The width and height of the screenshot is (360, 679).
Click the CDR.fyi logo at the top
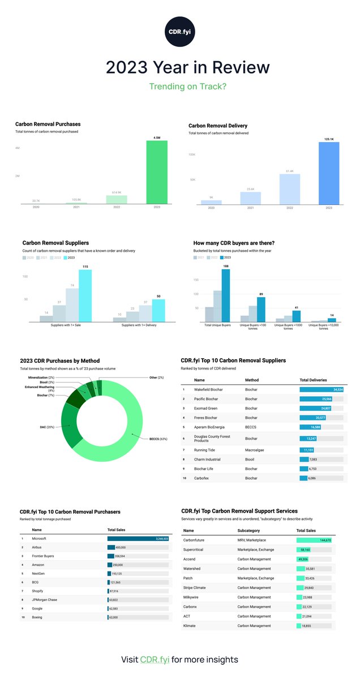pyautogui.click(x=179, y=29)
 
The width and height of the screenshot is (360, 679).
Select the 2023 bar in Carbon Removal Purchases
pyautogui.click(x=157, y=172)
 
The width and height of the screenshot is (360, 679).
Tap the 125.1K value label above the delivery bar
pyautogui.click(x=329, y=138)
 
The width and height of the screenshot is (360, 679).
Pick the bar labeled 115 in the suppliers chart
pyautogui.click(x=85, y=296)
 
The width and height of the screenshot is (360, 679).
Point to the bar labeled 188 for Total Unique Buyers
pyautogui.click(x=226, y=296)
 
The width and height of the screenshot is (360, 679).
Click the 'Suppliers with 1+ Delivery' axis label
pyautogui.click(x=139, y=325)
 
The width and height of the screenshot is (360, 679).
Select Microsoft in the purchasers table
pyautogui.click(x=39, y=539)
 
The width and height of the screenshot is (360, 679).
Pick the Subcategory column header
pyautogui.click(x=252, y=531)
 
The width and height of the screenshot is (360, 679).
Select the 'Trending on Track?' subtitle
pyautogui.click(x=179, y=87)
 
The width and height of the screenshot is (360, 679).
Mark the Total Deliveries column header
pyautogui.click(x=313, y=380)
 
